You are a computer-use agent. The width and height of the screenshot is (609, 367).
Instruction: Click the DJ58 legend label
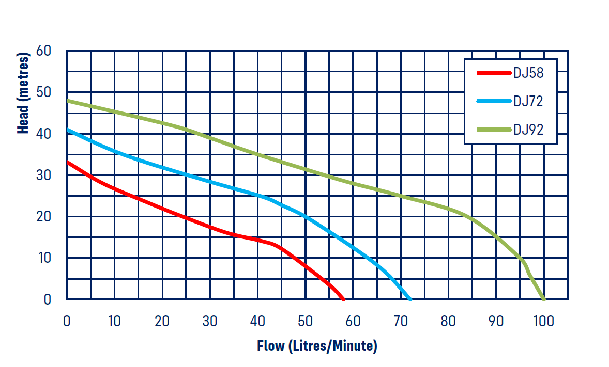click(x=528, y=73)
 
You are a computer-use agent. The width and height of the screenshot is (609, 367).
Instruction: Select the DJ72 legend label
click(x=528, y=101)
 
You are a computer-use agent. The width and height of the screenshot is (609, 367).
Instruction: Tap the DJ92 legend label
click(x=528, y=130)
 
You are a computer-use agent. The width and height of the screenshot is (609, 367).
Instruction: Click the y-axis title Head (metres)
click(x=23, y=93)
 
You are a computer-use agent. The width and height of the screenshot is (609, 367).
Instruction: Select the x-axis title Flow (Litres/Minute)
click(x=317, y=345)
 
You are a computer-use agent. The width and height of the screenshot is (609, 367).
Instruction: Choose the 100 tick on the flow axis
click(x=543, y=321)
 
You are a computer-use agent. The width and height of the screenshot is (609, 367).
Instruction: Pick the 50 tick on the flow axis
click(x=306, y=321)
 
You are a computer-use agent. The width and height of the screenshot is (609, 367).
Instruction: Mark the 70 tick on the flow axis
click(x=401, y=321)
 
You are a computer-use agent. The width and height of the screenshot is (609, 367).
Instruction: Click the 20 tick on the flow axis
click(x=162, y=321)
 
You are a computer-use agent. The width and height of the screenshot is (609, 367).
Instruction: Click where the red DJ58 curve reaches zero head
click(x=343, y=299)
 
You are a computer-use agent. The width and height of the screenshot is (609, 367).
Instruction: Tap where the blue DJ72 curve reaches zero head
click(x=410, y=299)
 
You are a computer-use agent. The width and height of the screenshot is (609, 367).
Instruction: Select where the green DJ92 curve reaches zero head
click(x=543, y=299)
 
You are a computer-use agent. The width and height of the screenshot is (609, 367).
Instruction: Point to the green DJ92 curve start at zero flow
click(x=68, y=101)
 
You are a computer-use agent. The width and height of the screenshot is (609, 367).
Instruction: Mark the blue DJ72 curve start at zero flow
click(x=68, y=130)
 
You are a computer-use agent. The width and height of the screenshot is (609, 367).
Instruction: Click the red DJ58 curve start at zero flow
click(x=68, y=162)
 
